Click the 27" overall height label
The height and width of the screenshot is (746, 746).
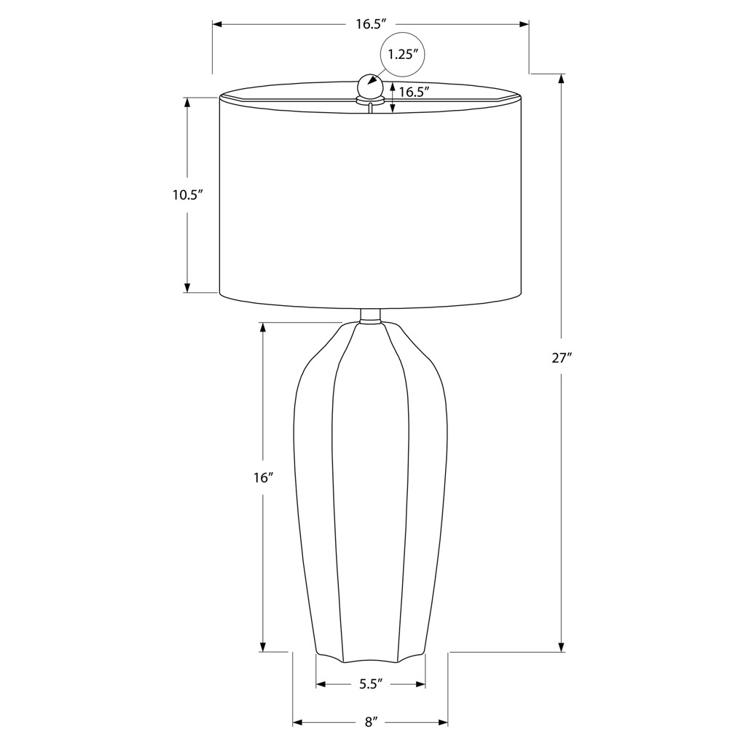pyautogui.click(x=562, y=358)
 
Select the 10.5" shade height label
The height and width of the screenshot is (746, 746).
pyautogui.click(x=188, y=195)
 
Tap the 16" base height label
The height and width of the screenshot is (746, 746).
pyautogui.click(x=262, y=478)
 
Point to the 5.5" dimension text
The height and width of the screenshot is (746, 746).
pyautogui.click(x=371, y=684)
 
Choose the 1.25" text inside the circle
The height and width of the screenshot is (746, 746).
pyautogui.click(x=402, y=54)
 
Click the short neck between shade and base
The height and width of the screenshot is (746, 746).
pyautogui.click(x=370, y=316)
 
